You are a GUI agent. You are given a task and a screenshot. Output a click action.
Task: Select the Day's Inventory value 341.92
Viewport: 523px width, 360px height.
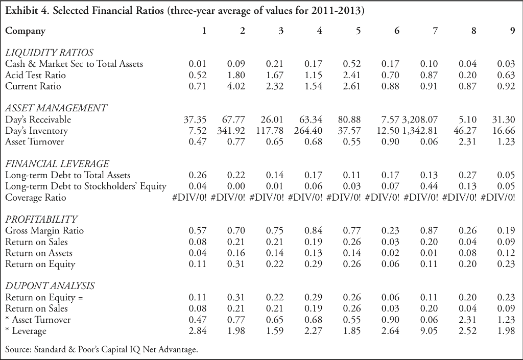pyautogui.click(x=232, y=131)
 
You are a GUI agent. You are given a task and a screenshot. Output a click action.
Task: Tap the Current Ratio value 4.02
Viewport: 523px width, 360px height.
pyautogui.click(x=236, y=86)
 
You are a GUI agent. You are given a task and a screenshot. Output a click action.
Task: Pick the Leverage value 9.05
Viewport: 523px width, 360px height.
pyautogui.click(x=429, y=331)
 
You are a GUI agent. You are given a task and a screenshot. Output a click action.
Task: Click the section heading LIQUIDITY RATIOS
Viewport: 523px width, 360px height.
pyautogui.click(x=49, y=53)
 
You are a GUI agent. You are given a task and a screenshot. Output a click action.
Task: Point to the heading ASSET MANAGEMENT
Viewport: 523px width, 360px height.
pyautogui.click(x=56, y=108)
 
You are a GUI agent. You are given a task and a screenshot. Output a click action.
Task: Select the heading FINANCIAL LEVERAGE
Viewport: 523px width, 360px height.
pyautogui.click(x=57, y=164)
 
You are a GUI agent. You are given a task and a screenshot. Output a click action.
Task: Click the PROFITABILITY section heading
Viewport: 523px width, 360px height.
pyautogui.click(x=41, y=220)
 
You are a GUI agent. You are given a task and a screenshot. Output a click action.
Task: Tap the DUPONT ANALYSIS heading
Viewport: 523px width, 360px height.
pyautogui.click(x=50, y=286)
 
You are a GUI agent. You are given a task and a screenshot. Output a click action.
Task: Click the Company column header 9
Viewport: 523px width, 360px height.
pyautogui.click(x=512, y=31)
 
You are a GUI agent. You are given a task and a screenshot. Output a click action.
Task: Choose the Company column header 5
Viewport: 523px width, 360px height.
pyautogui.click(x=358, y=31)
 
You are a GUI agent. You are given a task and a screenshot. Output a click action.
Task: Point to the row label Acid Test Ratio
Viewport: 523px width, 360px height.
pyautogui.click(x=35, y=75)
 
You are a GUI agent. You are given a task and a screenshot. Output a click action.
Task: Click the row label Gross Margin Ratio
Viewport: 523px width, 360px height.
pyautogui.click(x=44, y=231)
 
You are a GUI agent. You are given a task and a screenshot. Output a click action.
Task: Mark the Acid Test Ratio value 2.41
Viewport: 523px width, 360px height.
pyautogui.click(x=352, y=75)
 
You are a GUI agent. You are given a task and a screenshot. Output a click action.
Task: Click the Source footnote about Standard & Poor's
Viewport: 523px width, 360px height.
pyautogui.click(x=101, y=350)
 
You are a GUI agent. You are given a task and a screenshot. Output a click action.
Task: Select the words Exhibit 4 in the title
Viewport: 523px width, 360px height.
pyautogui.click(x=27, y=10)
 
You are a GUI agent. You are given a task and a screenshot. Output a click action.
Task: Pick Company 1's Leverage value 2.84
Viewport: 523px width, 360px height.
pyautogui.click(x=198, y=331)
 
